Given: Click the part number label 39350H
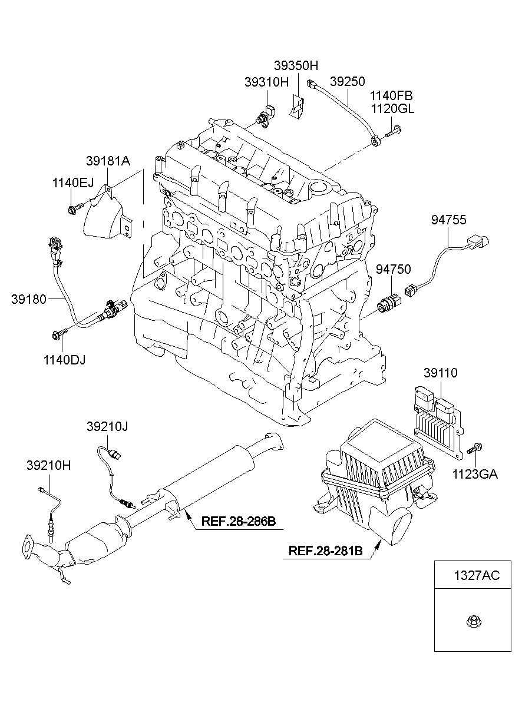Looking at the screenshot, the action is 296,66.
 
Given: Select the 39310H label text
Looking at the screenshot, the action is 266,82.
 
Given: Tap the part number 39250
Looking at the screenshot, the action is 347,81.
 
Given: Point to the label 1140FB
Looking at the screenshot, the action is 391,95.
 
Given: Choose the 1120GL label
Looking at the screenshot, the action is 392,109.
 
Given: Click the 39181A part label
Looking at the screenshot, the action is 108,161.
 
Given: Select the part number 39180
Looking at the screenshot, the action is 29,299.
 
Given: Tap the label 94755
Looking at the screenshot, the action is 449,220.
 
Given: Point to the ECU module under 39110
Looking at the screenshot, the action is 438,422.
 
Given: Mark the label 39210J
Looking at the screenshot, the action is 107,426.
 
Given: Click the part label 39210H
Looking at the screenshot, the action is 49,466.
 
